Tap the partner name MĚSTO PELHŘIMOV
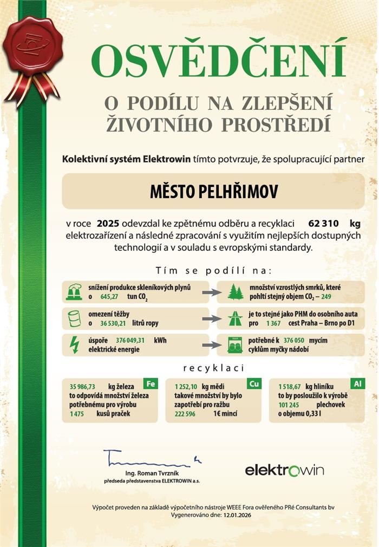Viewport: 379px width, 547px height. [213, 192]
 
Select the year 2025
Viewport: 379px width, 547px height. [108, 223]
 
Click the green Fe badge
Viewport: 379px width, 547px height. [151, 384]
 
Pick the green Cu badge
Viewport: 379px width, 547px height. [253, 384]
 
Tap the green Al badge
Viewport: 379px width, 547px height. [357, 384]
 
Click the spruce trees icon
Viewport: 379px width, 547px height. [236, 292]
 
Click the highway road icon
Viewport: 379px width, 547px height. [236, 318]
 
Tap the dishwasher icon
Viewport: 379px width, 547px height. [236, 344]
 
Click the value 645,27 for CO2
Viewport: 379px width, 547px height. [110, 297]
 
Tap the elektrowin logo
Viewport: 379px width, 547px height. [284, 470]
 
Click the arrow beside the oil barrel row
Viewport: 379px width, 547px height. [212, 318]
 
